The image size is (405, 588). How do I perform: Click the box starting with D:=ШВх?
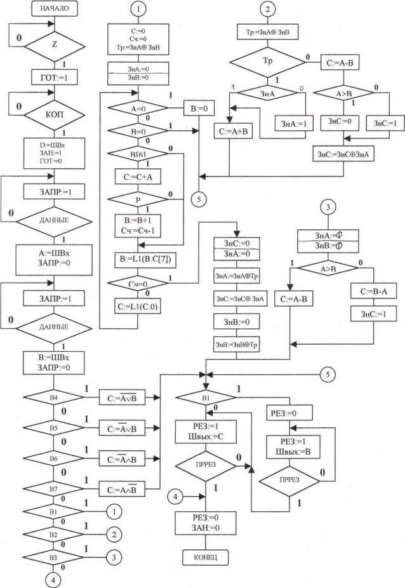pyautogui.click(x=55, y=152)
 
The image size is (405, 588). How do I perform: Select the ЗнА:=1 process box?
pyautogui.click(x=291, y=124)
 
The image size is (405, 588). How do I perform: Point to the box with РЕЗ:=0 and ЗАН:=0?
pyautogui.click(x=205, y=524)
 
